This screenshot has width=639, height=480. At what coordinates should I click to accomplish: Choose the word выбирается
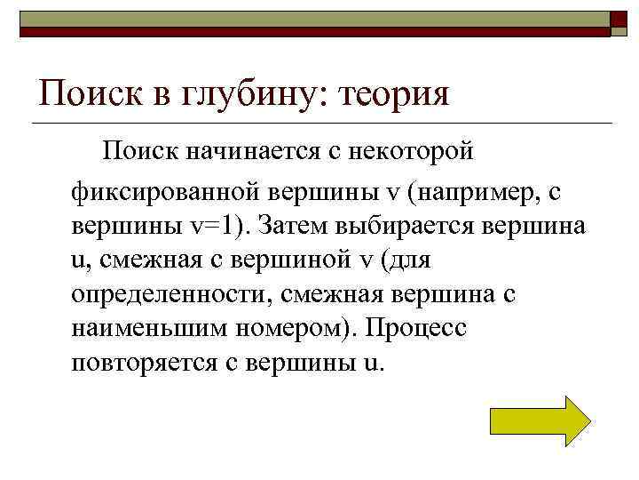pos(407,226)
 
